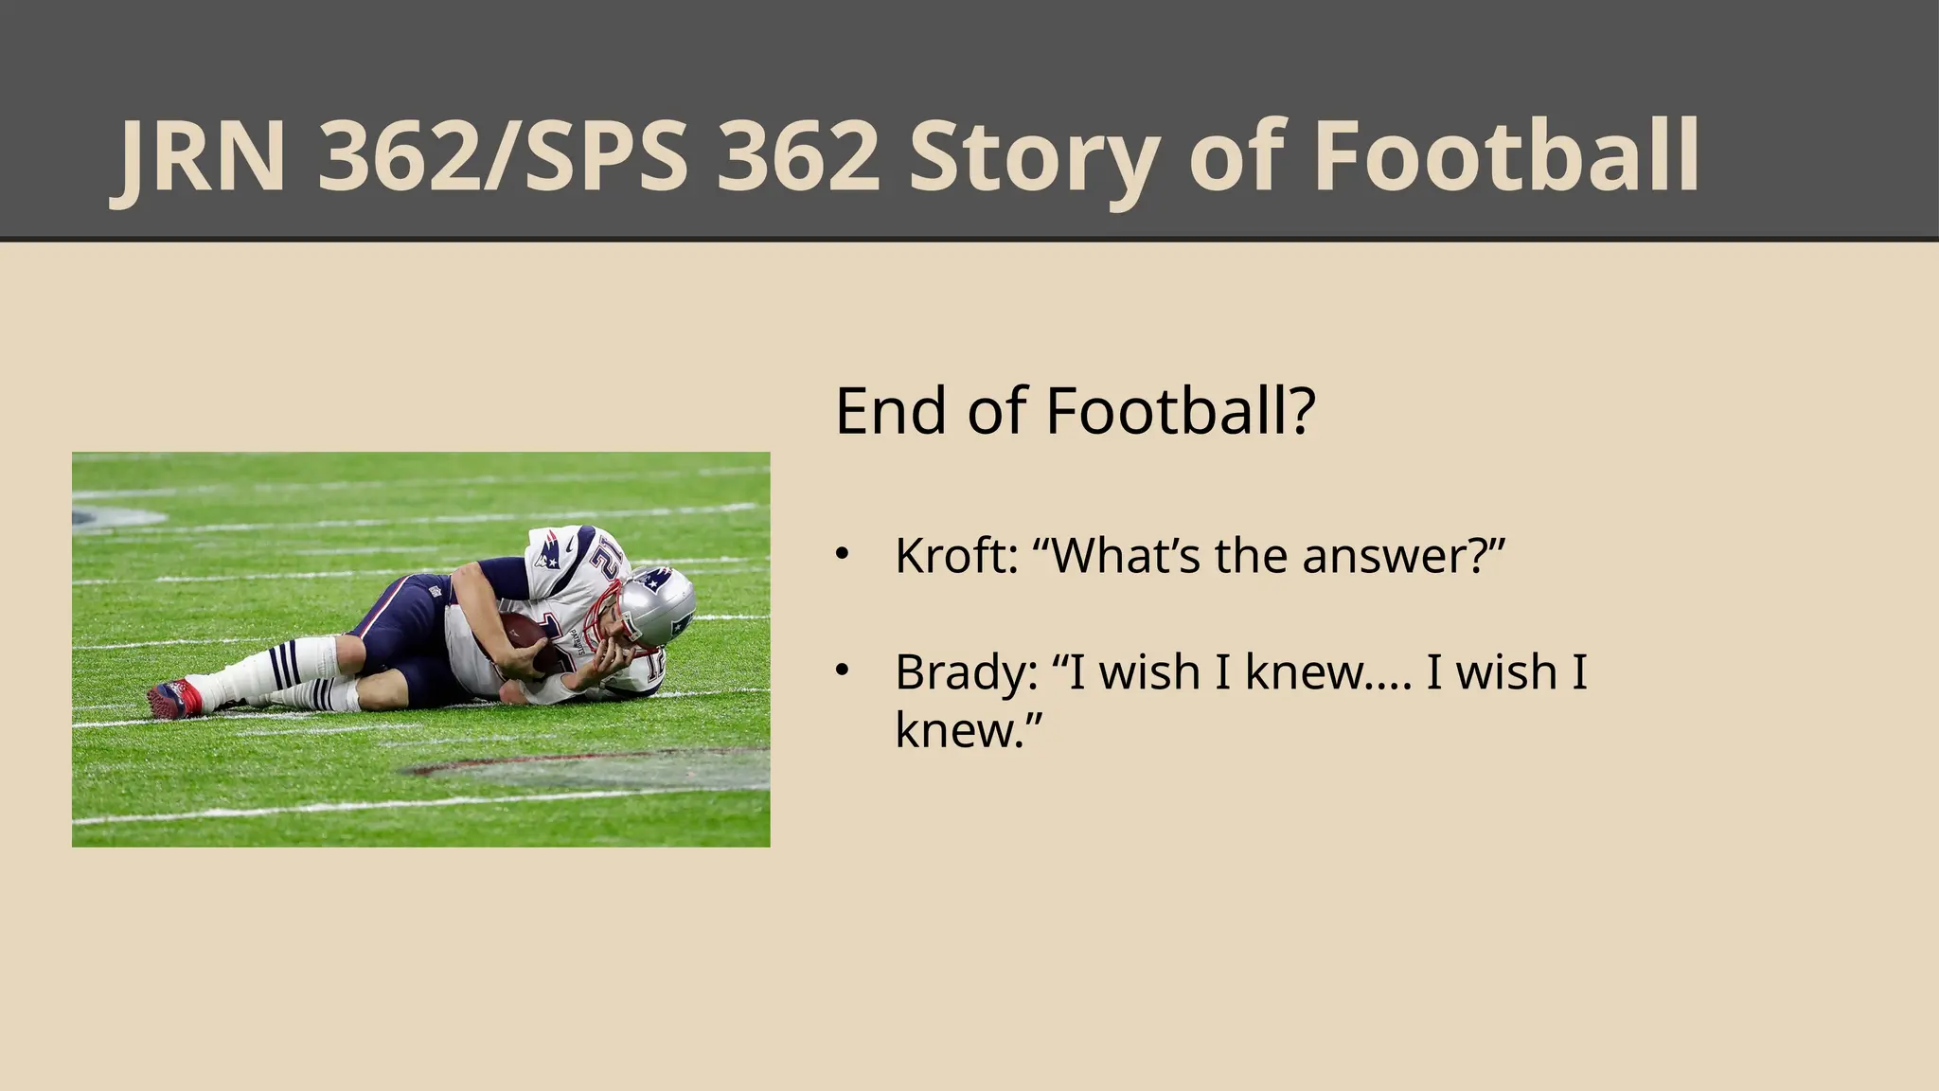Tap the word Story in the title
(x=1033, y=157)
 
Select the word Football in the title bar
(x=1505, y=157)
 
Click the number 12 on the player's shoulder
(x=607, y=567)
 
